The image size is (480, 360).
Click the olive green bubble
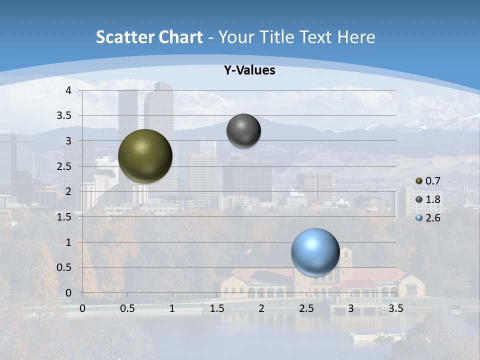pyautogui.click(x=145, y=156)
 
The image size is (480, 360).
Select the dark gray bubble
pyautogui.click(x=243, y=130)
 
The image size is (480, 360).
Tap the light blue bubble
pyautogui.click(x=315, y=252)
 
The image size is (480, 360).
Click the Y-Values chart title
pyautogui.click(x=249, y=70)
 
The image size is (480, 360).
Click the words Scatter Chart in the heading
pyautogui.click(x=149, y=37)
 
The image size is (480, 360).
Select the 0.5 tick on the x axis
pyautogui.click(x=127, y=308)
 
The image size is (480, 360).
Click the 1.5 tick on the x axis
pyautogui.click(x=216, y=308)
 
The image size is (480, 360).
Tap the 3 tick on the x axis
pyautogui.click(x=351, y=308)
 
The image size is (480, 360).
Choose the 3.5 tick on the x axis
pyautogui.click(x=395, y=308)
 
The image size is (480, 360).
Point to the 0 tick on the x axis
pyautogui.click(x=82, y=308)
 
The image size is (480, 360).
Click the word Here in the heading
pyautogui.click(x=356, y=37)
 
